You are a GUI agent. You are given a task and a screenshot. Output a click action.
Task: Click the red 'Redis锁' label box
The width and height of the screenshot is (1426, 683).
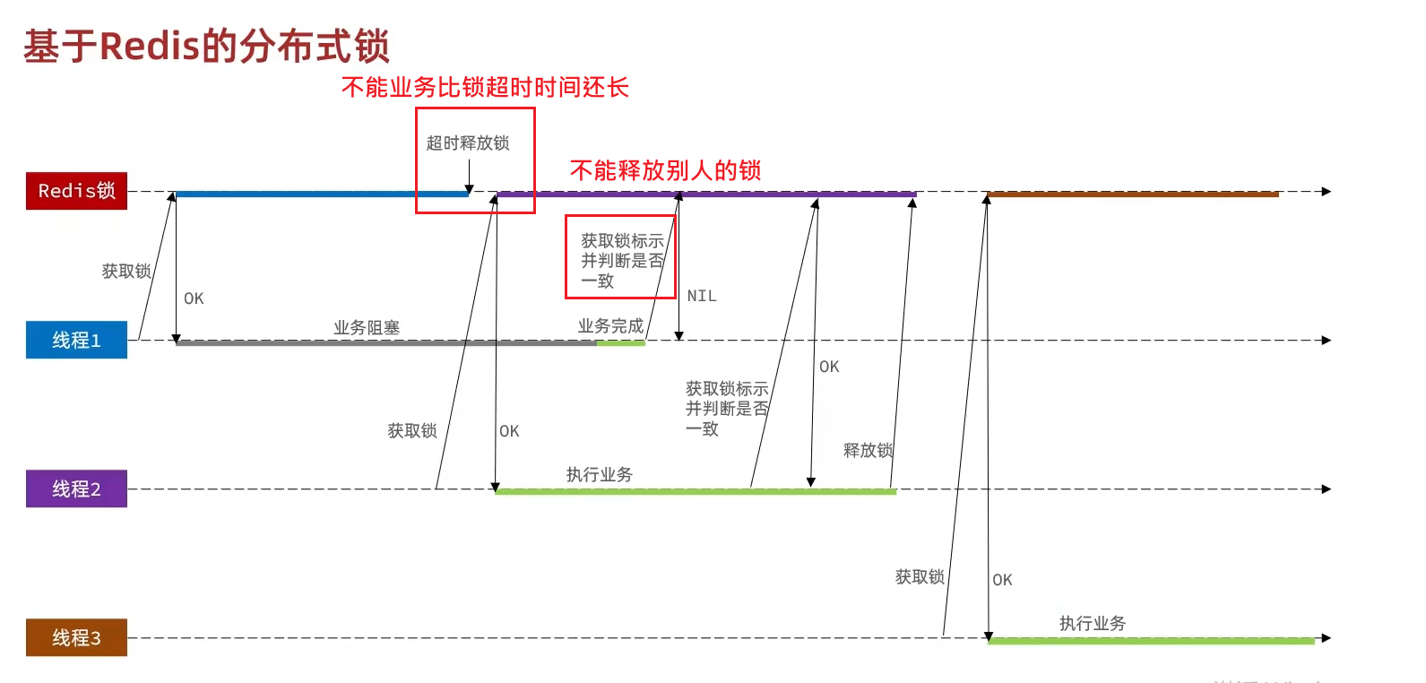(x=76, y=191)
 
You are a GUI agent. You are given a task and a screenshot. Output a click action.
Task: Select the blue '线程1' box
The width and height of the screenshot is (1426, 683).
(x=76, y=340)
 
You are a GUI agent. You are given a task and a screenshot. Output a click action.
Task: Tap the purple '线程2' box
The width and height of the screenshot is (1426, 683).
(x=76, y=488)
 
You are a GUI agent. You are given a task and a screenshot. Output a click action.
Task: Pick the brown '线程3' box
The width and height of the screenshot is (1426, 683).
(x=76, y=637)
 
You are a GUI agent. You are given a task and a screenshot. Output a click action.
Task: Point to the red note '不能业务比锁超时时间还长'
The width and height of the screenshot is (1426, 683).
(x=485, y=87)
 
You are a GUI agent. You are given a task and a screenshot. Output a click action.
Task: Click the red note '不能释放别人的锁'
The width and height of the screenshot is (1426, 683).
(x=665, y=170)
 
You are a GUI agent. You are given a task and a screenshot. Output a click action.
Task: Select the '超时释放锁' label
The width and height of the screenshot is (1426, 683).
(x=467, y=143)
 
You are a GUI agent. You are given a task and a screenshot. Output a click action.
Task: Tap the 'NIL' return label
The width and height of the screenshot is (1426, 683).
(x=702, y=296)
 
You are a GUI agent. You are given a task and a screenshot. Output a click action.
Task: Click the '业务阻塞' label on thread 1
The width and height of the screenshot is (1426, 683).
(x=367, y=328)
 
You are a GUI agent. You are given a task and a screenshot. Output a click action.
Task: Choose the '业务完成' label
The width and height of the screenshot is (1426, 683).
(x=610, y=326)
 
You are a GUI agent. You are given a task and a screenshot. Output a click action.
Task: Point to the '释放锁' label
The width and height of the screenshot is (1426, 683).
(x=868, y=450)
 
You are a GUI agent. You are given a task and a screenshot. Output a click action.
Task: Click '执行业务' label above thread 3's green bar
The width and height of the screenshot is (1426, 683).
(x=1092, y=623)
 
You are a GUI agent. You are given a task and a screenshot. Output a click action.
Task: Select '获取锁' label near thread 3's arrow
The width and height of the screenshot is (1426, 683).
(x=920, y=577)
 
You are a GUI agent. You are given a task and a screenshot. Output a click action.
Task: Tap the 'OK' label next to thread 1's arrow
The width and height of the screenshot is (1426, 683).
(x=194, y=298)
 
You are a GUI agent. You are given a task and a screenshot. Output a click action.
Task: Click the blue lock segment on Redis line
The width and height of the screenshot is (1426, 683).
(x=321, y=194)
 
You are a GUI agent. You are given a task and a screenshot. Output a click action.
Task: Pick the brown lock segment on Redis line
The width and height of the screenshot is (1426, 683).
(x=1132, y=194)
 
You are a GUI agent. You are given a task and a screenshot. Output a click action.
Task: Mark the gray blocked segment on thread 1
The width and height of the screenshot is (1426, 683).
(x=385, y=342)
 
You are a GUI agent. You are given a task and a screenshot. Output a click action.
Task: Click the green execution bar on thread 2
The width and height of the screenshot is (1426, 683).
(x=695, y=491)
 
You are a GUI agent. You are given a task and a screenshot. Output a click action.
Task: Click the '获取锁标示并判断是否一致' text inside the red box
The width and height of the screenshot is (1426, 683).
(x=621, y=261)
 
